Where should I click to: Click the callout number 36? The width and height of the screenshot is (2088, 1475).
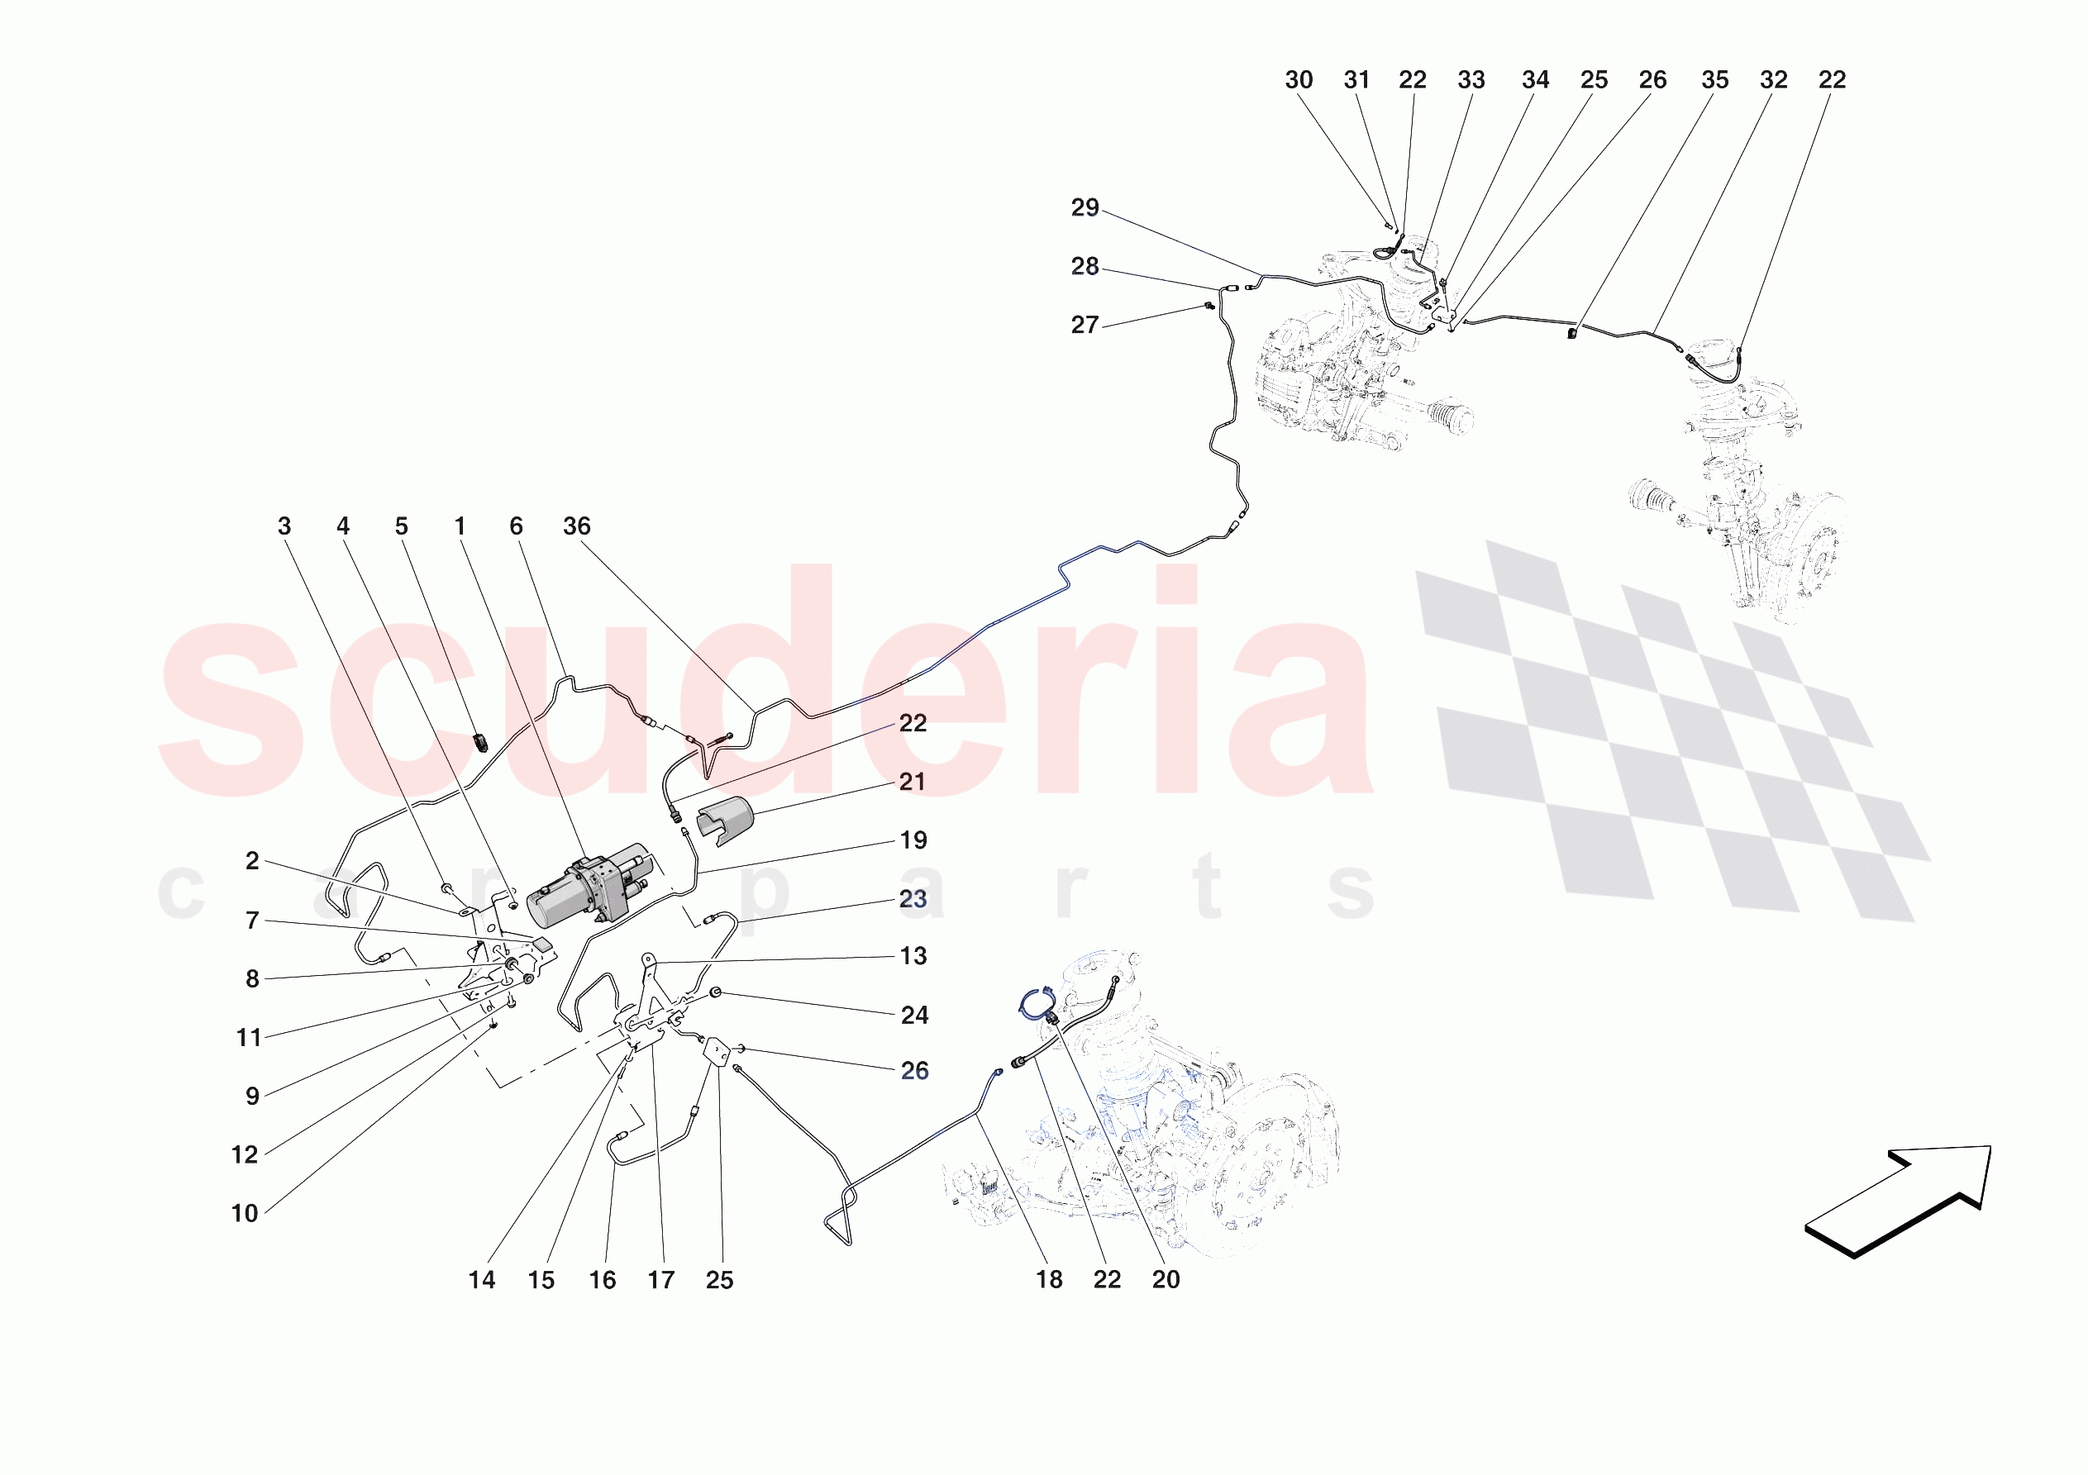tap(577, 526)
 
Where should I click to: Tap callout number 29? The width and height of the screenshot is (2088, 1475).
tap(1085, 208)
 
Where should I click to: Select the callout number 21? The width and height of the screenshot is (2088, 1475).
tap(912, 782)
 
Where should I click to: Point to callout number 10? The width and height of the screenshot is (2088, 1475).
tap(245, 1213)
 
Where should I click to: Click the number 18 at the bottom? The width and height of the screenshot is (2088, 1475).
tap(1050, 1279)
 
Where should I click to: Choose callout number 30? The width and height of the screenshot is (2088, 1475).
tap(1299, 80)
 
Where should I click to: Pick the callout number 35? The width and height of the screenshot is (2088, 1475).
tap(1715, 80)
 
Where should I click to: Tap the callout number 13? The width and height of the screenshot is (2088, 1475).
tap(913, 956)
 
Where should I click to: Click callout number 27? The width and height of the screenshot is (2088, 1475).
tap(1085, 326)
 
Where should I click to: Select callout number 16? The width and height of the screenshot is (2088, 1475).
tap(602, 1280)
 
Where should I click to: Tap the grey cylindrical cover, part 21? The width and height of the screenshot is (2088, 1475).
tap(725, 818)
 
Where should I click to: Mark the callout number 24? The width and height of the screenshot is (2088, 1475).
tap(915, 1015)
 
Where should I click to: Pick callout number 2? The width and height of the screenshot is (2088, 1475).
tap(252, 861)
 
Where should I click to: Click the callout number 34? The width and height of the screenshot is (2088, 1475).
tap(1536, 80)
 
